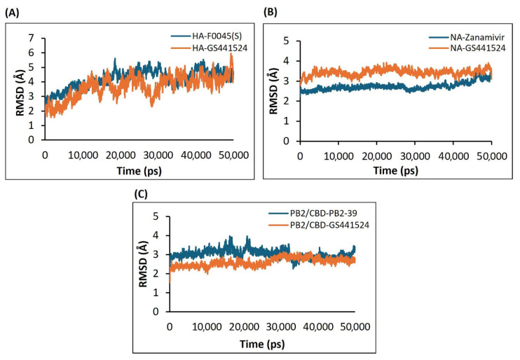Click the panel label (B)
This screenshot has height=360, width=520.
270,12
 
